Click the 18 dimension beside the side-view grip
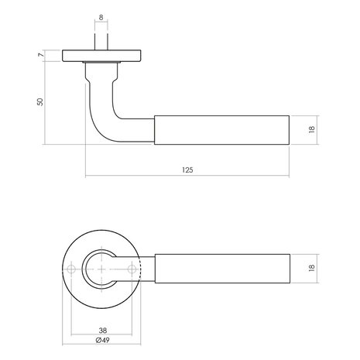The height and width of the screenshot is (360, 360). point(310,130)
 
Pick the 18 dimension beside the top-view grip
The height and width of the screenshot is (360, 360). point(310,269)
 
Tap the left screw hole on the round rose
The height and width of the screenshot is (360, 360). point(72,269)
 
